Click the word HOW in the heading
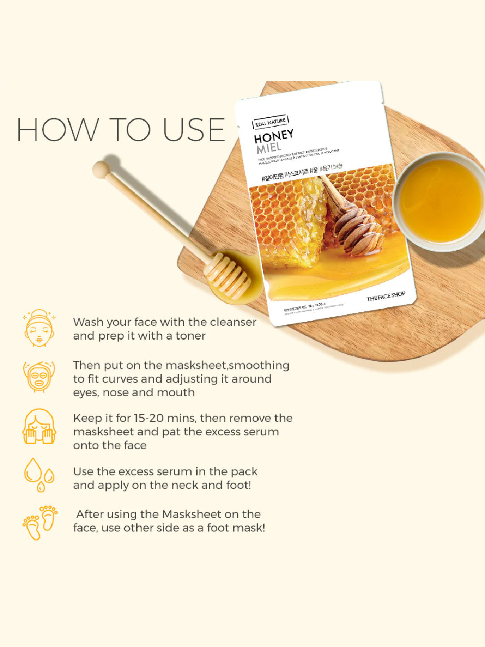pos(57,130)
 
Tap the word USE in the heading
pos(194,130)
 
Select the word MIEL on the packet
pos(269,148)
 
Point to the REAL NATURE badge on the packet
pos(270,121)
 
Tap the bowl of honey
pos(440,201)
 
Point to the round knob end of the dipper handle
pos(101,170)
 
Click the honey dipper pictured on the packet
pos(355,225)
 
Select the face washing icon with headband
pos(39,328)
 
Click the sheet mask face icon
pos(39,377)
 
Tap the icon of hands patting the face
pos(39,427)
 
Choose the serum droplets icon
pos(39,475)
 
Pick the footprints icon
pos(40,522)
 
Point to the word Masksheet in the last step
pos(192,514)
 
